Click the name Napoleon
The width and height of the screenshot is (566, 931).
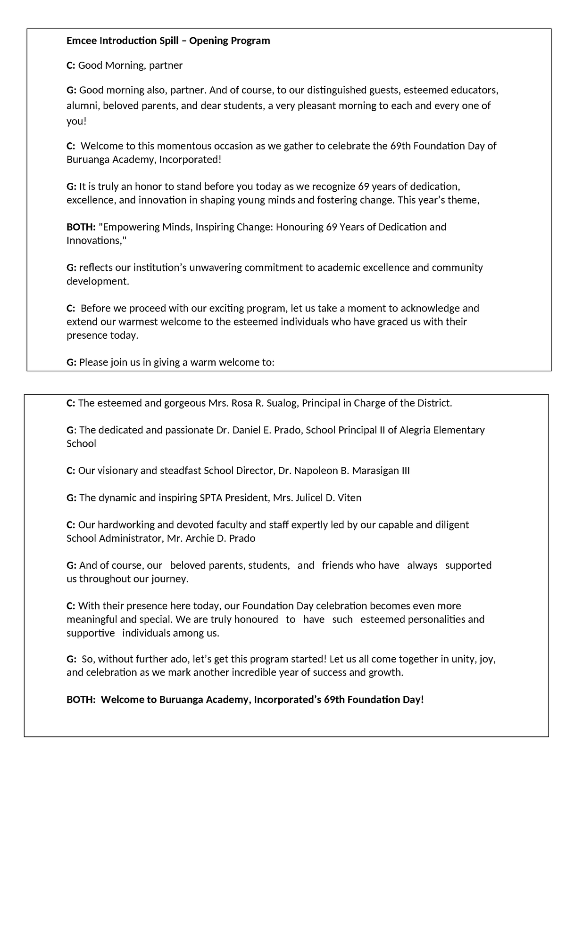tap(316, 471)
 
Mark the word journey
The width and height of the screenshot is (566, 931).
tap(169, 579)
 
